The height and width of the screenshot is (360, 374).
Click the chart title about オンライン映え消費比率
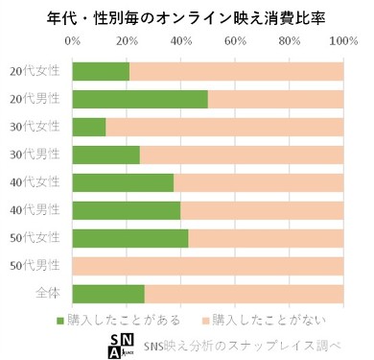pos(187,16)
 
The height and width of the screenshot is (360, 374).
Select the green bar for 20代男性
pos(140,99)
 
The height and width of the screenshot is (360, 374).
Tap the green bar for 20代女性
pos(101,71)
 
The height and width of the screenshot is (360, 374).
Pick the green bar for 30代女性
pos(89,127)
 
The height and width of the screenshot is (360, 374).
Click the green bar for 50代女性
pos(130,238)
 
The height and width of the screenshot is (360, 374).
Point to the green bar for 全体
pos(108,294)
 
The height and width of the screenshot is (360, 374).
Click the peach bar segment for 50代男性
pos(208,266)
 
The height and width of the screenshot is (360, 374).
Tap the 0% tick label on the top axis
pos(73,41)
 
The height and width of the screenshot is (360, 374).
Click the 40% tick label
pos(180,41)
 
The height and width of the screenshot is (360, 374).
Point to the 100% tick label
pos(342,41)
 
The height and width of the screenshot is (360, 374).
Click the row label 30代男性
pos(35,155)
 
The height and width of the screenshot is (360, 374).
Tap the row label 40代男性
pos(35,210)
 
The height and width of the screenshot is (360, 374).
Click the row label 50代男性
pos(35,266)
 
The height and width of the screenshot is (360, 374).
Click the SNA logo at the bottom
pos(122,345)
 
